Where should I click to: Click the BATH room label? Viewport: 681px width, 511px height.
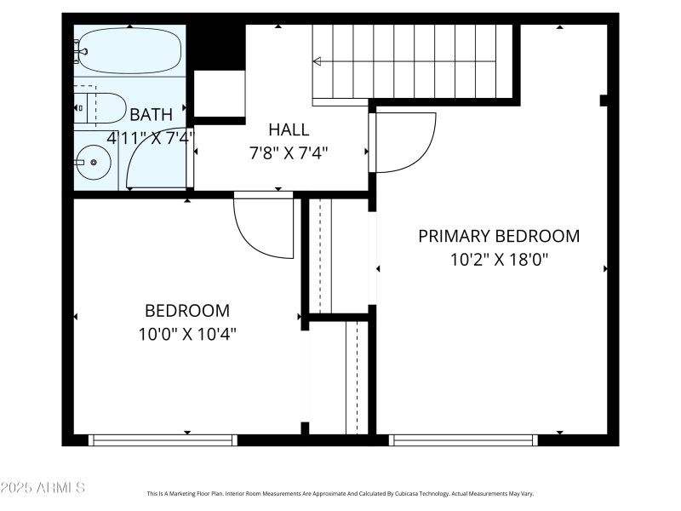(151, 114)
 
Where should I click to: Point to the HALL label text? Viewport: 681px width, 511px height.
(289, 130)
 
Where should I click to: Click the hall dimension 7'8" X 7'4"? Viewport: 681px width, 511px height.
(288, 153)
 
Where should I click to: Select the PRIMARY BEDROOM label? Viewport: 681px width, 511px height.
(499, 236)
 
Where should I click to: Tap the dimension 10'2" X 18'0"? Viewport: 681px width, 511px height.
(499, 259)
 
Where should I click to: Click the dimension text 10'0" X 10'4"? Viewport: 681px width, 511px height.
(187, 334)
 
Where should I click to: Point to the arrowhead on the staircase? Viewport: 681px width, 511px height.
(318, 61)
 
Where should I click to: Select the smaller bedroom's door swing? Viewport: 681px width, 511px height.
(264, 226)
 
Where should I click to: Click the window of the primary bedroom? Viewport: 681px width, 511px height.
(463, 440)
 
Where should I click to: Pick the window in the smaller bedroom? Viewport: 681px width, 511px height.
(163, 440)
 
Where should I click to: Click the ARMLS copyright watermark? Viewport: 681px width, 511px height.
(43, 488)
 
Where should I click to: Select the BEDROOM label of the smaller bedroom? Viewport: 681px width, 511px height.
(187, 311)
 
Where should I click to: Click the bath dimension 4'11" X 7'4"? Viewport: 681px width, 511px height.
(151, 136)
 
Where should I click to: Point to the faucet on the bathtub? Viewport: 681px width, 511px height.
(81, 51)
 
